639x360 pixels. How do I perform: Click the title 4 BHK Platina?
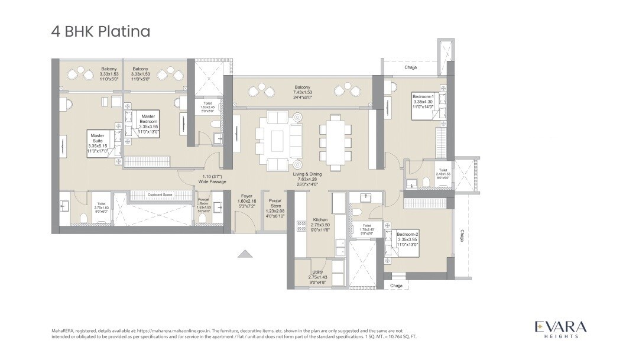(x=100, y=31)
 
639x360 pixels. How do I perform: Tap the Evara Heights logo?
(x=560, y=329)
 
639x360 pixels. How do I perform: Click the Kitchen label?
(x=320, y=225)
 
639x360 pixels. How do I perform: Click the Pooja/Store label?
(x=275, y=207)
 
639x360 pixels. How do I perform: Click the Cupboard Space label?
(x=160, y=194)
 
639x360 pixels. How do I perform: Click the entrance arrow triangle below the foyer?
(x=245, y=254)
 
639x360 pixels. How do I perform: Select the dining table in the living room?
(x=335, y=142)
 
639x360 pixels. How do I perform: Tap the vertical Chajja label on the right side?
(x=462, y=236)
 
